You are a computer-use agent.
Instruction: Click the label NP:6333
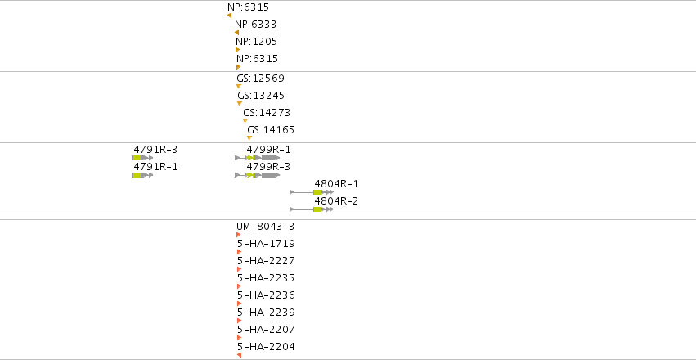(255, 25)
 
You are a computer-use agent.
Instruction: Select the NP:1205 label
(257, 42)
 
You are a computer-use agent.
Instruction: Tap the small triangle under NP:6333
(236, 33)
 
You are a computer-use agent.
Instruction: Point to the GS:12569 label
(261, 79)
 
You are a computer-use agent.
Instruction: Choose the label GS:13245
(261, 96)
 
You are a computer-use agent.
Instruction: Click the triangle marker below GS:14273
(245, 121)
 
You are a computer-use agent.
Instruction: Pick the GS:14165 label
(271, 131)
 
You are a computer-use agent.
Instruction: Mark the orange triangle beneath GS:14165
(249, 138)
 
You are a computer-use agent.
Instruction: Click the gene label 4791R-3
(155, 150)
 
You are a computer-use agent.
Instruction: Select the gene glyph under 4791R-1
(142, 175)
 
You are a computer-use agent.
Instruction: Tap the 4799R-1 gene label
(269, 150)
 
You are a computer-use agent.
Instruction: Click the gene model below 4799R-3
(258, 175)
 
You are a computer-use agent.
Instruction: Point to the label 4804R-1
(336, 184)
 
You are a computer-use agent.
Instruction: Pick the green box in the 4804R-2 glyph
(317, 209)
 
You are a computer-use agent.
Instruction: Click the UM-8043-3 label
(266, 227)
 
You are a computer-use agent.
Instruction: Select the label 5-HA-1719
(267, 244)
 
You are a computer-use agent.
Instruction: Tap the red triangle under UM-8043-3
(239, 235)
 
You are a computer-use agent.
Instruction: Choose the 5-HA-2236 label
(267, 295)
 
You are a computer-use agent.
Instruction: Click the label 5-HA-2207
(267, 331)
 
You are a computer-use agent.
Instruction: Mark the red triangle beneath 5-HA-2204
(240, 355)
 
